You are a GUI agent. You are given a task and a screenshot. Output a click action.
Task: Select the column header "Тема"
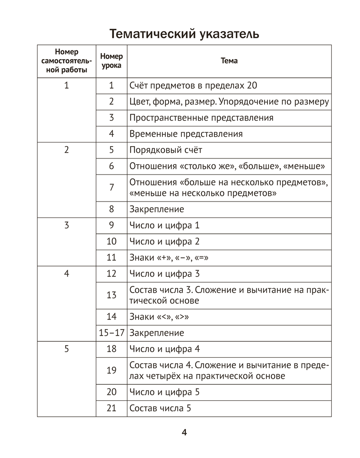[x=229, y=61]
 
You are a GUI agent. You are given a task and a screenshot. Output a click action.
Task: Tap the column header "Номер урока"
[x=111, y=61]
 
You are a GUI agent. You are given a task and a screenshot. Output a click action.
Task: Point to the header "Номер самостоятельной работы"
[x=66, y=61]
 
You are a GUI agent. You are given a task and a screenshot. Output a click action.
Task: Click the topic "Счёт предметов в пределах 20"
[x=190, y=85]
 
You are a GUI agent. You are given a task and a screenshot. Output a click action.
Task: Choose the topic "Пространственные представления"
[x=201, y=118]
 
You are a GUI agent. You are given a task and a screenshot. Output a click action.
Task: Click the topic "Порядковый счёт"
[x=165, y=150]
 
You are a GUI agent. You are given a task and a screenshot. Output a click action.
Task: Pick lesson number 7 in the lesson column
[x=111, y=188]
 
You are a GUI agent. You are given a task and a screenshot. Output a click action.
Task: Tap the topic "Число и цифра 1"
[x=164, y=225]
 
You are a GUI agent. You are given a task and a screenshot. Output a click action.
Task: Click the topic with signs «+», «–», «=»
[x=169, y=257]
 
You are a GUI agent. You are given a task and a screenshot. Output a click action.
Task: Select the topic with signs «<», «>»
[x=159, y=316]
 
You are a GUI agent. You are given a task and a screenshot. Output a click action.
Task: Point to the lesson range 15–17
[x=111, y=333]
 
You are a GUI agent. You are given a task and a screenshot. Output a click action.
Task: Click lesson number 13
[x=111, y=295]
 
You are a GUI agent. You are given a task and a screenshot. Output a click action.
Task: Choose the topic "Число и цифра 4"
[x=165, y=349]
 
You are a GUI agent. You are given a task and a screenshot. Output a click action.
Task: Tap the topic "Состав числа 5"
[x=160, y=408]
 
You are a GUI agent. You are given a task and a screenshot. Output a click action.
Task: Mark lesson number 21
[x=111, y=408]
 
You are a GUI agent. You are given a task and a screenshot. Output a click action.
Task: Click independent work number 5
[x=66, y=349]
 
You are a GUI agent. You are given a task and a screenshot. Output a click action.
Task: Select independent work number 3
[x=66, y=225]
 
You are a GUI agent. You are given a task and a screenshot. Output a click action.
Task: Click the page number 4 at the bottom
[x=185, y=432]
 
